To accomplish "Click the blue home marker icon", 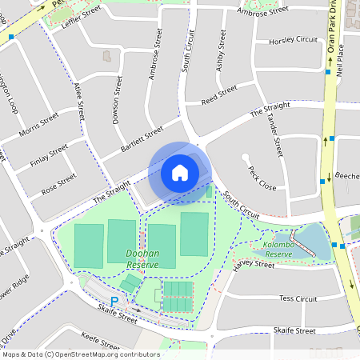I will (x=180, y=172).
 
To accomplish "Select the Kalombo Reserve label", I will (x=279, y=249).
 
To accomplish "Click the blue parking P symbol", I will (x=114, y=301).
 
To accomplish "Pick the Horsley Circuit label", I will (x=294, y=40).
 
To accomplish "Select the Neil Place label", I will (x=341, y=59).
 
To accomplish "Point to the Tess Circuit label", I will (x=298, y=298).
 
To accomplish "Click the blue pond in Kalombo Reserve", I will (x=310, y=240).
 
